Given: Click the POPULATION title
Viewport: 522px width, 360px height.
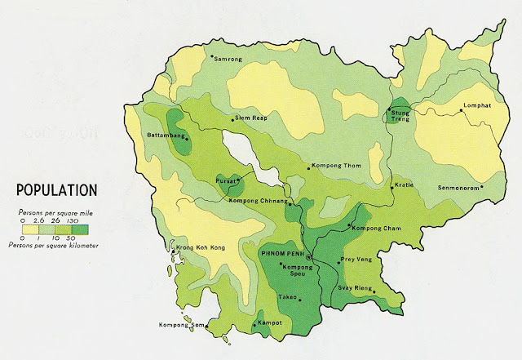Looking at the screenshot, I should [56, 189].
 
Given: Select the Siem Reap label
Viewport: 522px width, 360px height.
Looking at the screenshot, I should [251, 118].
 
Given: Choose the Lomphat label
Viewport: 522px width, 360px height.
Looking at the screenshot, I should [481, 106].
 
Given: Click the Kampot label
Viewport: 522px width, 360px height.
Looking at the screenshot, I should [270, 322].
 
